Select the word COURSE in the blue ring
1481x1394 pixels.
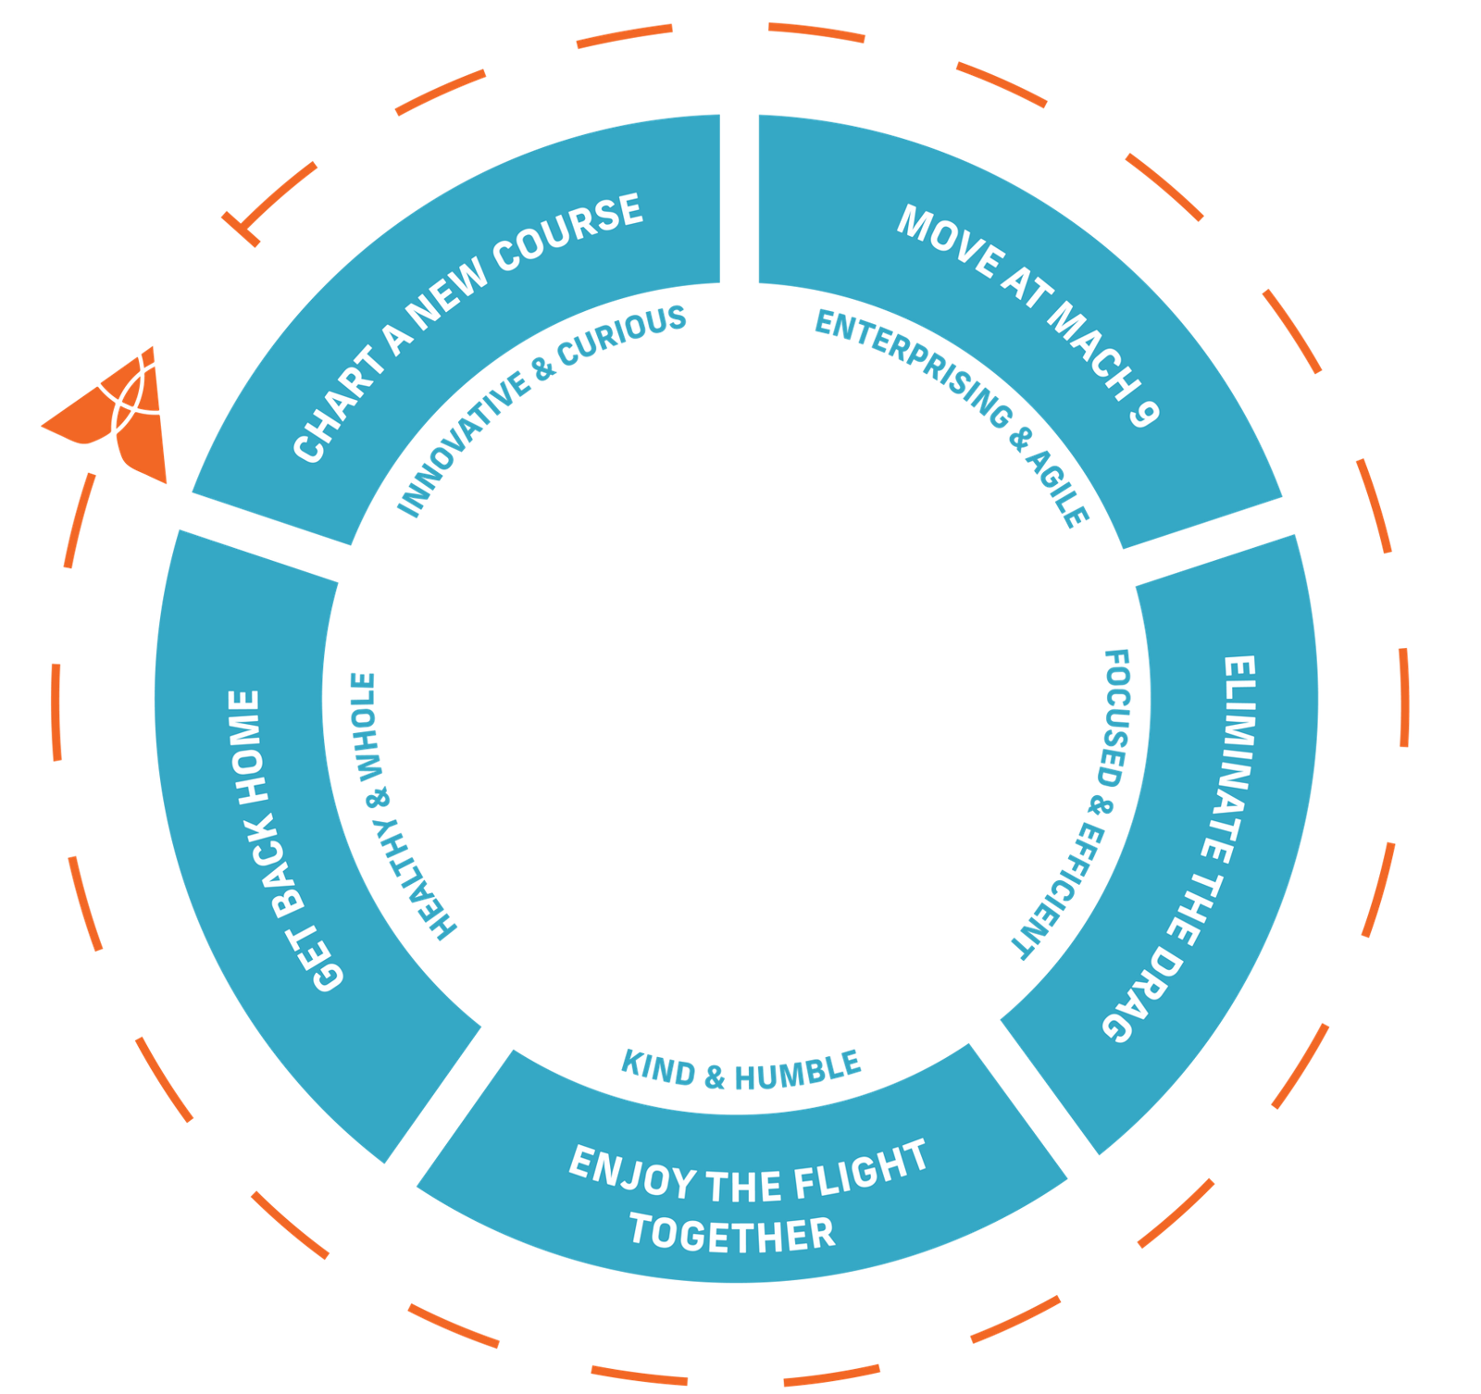pos(567,233)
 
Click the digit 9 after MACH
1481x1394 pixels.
pos(1144,410)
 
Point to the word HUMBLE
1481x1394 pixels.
pos(798,1073)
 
